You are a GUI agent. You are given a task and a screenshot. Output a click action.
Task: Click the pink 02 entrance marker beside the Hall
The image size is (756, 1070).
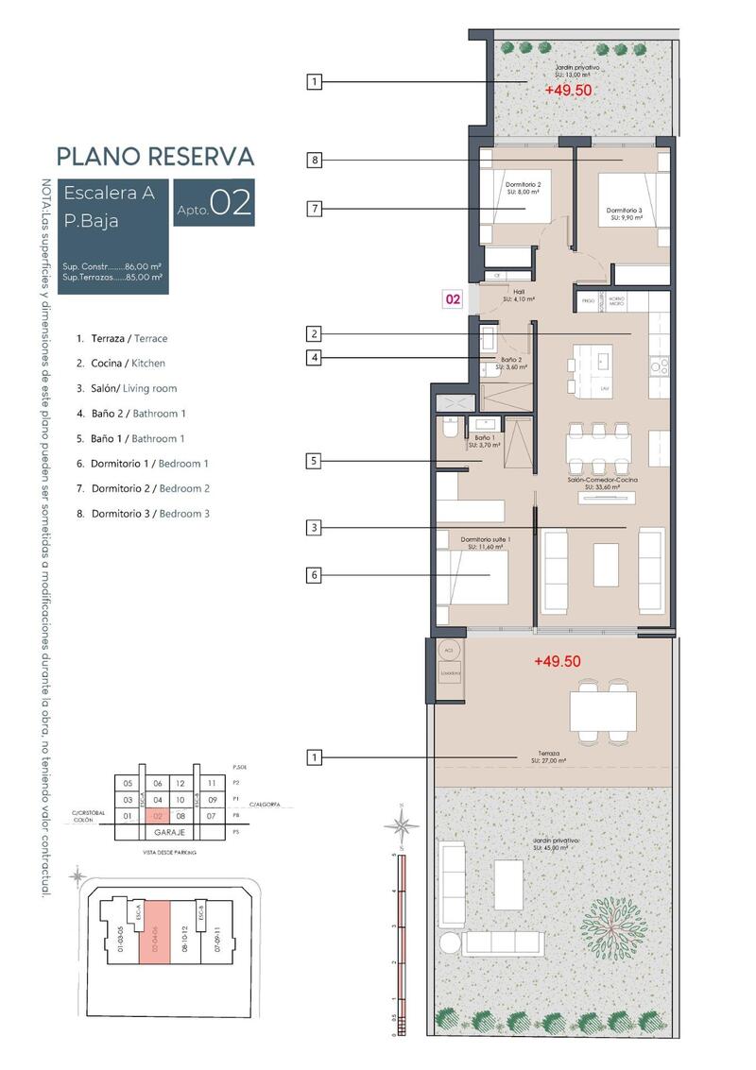(x=453, y=299)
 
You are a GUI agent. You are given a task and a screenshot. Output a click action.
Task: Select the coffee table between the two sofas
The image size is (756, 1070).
(x=605, y=565)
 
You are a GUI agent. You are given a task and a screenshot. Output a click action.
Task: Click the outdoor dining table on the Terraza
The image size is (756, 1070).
(x=603, y=708)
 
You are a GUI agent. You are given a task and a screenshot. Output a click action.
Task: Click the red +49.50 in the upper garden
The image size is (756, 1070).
(x=568, y=90)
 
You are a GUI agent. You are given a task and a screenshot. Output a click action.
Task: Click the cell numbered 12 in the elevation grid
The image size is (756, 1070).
(x=180, y=783)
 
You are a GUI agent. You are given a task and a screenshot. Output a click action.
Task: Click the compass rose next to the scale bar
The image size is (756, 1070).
(x=404, y=826)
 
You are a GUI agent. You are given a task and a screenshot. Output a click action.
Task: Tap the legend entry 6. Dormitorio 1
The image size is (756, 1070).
(x=143, y=464)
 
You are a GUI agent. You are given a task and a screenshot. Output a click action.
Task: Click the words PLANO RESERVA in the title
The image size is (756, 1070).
(x=155, y=156)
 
